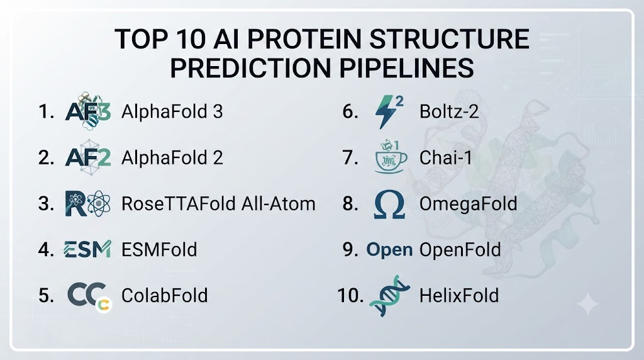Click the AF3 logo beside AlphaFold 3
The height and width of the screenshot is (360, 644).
pos(88,111)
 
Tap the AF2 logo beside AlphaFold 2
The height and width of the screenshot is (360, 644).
pos(88,157)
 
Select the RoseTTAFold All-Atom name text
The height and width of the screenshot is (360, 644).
pos(218,204)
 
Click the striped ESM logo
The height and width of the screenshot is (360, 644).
pos(87,249)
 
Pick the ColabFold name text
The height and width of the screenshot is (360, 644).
pos(165,295)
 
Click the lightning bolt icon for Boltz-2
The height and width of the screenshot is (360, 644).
pos(388,112)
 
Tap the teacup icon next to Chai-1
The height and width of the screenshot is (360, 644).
pos(391,157)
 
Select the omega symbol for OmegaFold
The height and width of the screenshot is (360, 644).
pos(389,204)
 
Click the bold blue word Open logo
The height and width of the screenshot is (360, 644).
pos(389,250)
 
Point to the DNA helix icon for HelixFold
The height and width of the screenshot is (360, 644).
pos(390,296)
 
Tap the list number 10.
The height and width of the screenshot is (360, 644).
pos(350,295)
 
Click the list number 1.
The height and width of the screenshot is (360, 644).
pos(46,111)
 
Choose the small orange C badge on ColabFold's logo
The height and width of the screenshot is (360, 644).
pos(104,305)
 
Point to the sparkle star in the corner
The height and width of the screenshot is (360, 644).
pos(588,304)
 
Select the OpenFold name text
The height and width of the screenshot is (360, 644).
pos(460,250)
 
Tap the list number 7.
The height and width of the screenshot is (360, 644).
pos(350,158)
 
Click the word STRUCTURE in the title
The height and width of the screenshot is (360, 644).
pos(449,40)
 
